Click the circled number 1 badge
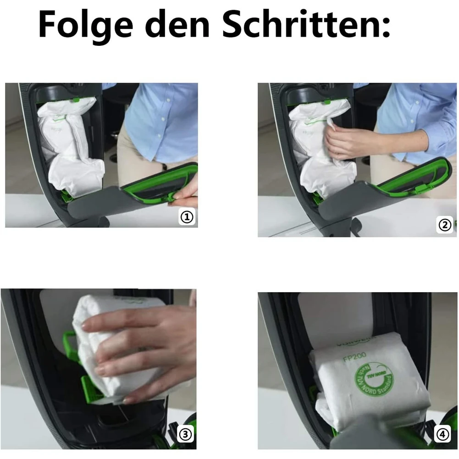pos(187,217)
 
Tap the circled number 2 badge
pos(445,225)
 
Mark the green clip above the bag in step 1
pos(75,99)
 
